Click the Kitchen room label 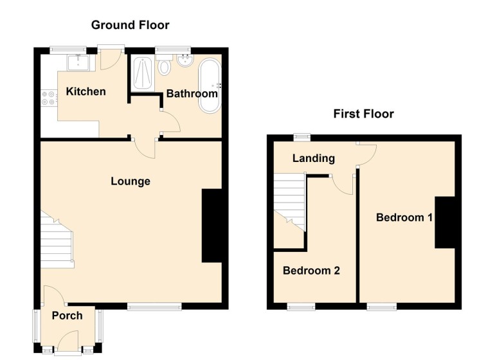pos(85,91)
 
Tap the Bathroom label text pos(192,93)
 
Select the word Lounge pos(130,181)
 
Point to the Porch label pos(67,315)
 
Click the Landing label pos(313,158)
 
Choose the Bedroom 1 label pos(404,217)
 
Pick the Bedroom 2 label pos(311,271)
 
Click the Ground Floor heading pos(130,25)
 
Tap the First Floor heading pos(363,114)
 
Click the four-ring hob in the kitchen pos(48,96)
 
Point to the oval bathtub pos(209,85)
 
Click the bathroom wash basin pos(184,62)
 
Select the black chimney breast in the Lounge pos(214,226)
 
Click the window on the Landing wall pos(299,136)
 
